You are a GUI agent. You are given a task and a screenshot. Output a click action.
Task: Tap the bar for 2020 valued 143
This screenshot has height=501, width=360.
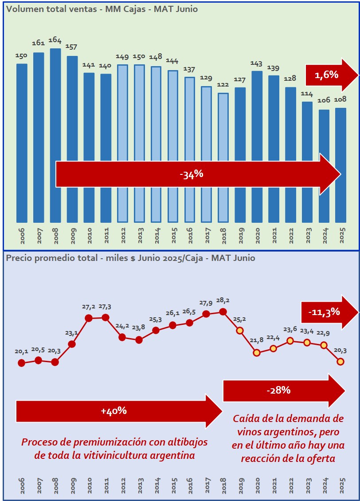coord(257,146)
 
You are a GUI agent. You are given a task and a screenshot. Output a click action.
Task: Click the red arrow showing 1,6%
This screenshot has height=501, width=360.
coord(330,75)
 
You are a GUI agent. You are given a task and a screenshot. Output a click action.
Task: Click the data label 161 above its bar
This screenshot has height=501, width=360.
coord(39,43)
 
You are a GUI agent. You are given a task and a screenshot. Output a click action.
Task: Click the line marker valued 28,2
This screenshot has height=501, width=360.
coord(223,312)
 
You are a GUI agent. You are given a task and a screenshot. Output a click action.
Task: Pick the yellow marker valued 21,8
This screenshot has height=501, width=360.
coord(257,353)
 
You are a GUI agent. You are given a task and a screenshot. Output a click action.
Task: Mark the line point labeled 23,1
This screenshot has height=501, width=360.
coord(72,343)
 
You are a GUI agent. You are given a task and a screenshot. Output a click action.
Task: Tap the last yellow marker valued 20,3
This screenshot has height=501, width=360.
coord(340,362)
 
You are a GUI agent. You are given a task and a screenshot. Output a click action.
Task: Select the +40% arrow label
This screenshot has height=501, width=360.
coord(114,411)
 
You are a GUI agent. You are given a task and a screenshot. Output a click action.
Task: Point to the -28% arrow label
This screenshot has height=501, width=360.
coord(278,391)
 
